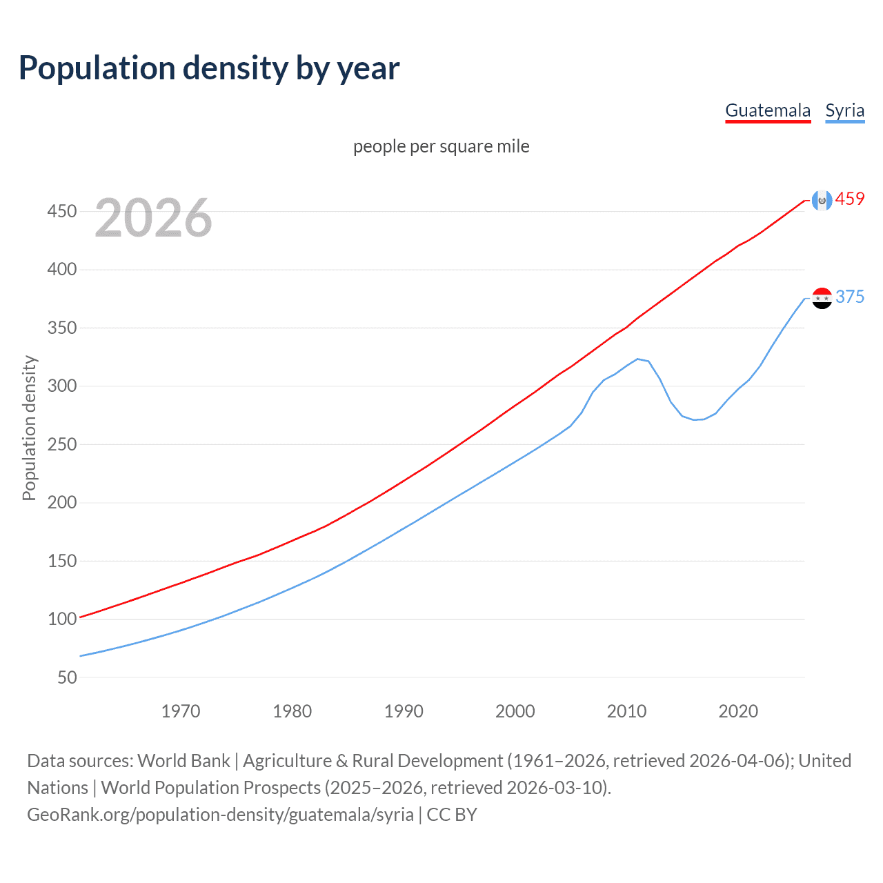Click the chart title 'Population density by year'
pyautogui.click(x=209, y=68)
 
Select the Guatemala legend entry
pyautogui.click(x=768, y=110)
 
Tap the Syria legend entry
pyautogui.click(x=844, y=110)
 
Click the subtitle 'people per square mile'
pyautogui.click(x=441, y=146)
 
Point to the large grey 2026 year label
pyautogui.click(x=153, y=218)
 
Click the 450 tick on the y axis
pyautogui.click(x=62, y=211)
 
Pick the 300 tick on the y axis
pyautogui.click(x=62, y=386)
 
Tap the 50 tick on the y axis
pyautogui.click(x=67, y=677)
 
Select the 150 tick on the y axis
pyautogui.click(x=62, y=561)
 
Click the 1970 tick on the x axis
pyautogui.click(x=181, y=711)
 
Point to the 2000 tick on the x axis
pyautogui.click(x=515, y=711)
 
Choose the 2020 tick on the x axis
pyautogui.click(x=738, y=711)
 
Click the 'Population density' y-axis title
pyautogui.click(x=29, y=428)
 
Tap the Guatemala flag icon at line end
pyautogui.click(x=822, y=200)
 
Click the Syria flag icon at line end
pyautogui.click(x=822, y=298)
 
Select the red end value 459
pyautogui.click(x=850, y=199)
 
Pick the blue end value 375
pyautogui.click(x=850, y=297)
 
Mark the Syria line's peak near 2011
pyautogui.click(x=637, y=359)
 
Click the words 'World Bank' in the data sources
pyautogui.click(x=183, y=761)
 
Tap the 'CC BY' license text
pyautogui.click(x=452, y=815)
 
